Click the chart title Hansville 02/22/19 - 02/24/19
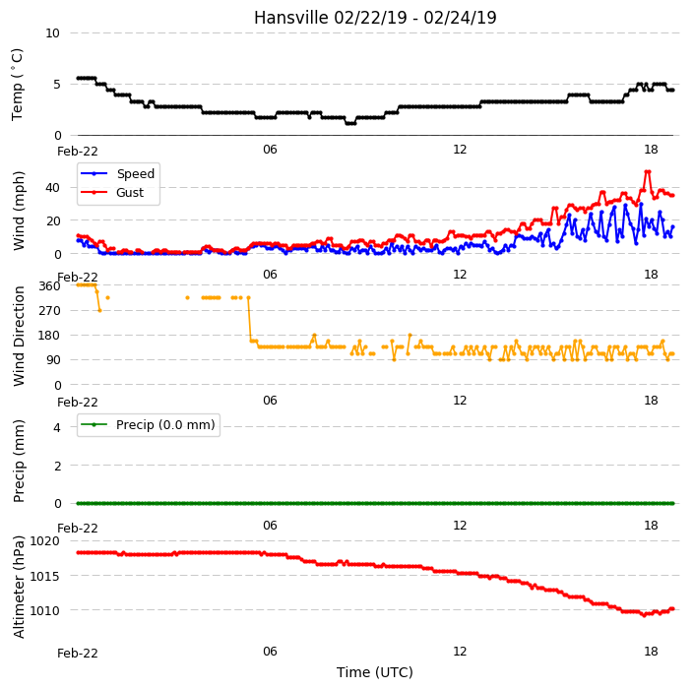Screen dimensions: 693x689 [x=375, y=18]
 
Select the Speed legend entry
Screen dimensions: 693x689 [x=117, y=173]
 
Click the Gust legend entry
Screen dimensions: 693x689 [x=112, y=193]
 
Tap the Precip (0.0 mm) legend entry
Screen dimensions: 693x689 [x=148, y=424]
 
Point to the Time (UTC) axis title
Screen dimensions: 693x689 [x=375, y=672]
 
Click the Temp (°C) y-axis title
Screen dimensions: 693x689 [x=17, y=85]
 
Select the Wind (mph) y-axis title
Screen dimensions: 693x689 [x=19, y=211]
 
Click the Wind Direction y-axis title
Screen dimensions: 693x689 [x=19, y=336]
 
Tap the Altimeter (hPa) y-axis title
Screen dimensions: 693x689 [x=19, y=587]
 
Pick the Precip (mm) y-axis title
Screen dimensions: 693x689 [x=19, y=461]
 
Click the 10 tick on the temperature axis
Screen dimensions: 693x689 [x=52, y=33]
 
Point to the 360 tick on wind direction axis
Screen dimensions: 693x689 [x=49, y=286]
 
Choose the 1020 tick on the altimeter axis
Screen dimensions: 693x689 [x=44, y=541]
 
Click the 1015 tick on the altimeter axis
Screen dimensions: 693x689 [x=44, y=577]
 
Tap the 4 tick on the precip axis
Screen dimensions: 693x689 [x=57, y=427]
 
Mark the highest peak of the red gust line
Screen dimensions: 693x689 [x=648, y=171]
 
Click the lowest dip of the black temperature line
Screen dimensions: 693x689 [x=350, y=123]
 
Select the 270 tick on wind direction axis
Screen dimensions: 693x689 [x=49, y=311]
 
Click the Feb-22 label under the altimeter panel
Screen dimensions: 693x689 [x=78, y=654]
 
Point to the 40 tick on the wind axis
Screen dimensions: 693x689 [x=52, y=188]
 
